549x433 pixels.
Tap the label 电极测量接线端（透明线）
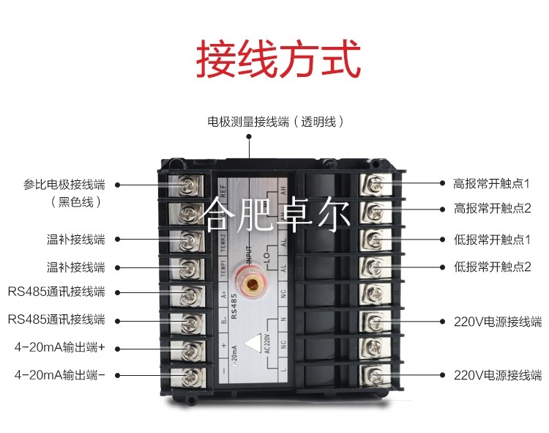(275, 122)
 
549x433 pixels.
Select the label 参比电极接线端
(64, 184)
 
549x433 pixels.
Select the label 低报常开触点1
(492, 240)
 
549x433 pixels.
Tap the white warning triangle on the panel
(253, 344)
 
